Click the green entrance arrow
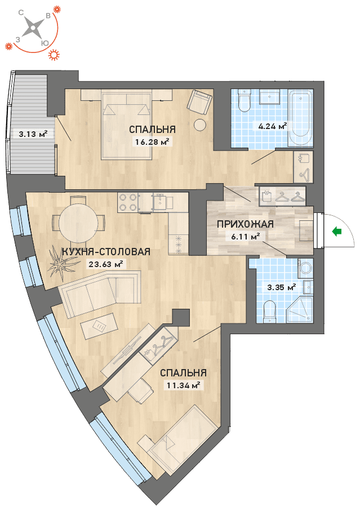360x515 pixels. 337,232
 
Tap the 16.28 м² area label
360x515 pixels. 152,142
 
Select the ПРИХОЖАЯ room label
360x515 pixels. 245,224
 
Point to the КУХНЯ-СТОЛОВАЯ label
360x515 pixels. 106,252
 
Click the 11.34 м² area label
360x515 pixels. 183,385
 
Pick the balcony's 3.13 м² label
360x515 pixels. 33,134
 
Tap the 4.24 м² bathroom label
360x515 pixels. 273,126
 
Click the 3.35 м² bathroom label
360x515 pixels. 282,287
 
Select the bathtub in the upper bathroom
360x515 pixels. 300,118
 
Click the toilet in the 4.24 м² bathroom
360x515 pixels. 244,100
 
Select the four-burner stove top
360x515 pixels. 128,202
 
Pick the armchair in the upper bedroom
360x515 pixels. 199,102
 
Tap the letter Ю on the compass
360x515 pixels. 45,43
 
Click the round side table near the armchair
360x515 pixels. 199,125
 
